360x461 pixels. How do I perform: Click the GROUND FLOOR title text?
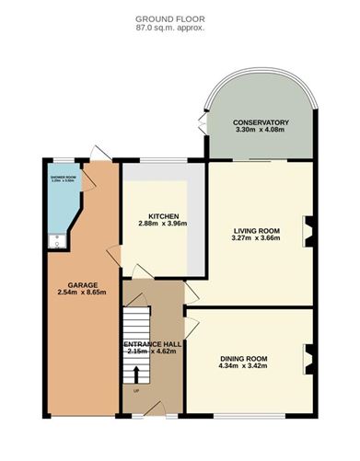click(169, 18)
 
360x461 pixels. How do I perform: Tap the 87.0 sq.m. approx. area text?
click(169, 28)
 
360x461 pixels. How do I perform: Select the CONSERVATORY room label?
click(261, 122)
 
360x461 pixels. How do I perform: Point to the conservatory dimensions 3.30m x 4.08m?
click(261, 132)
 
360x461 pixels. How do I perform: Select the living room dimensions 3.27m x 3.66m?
click(257, 239)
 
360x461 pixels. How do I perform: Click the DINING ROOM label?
click(243, 358)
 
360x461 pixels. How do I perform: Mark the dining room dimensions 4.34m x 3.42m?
click(243, 367)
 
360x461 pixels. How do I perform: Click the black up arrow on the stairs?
click(137, 375)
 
